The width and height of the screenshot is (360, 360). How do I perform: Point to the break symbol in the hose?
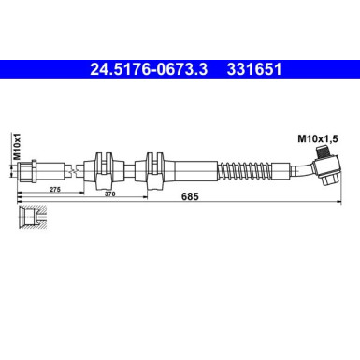point(71,170)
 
